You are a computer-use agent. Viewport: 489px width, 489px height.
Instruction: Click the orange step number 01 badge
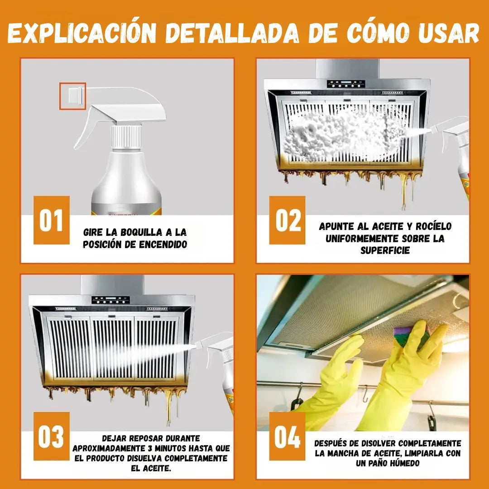51,220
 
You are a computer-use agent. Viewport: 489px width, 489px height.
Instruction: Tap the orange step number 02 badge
288,220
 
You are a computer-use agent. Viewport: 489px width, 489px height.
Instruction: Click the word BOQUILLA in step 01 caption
137,233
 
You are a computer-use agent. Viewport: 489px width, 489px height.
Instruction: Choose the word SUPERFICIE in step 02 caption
385,250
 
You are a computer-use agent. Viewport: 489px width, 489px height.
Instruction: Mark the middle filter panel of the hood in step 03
112,346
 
